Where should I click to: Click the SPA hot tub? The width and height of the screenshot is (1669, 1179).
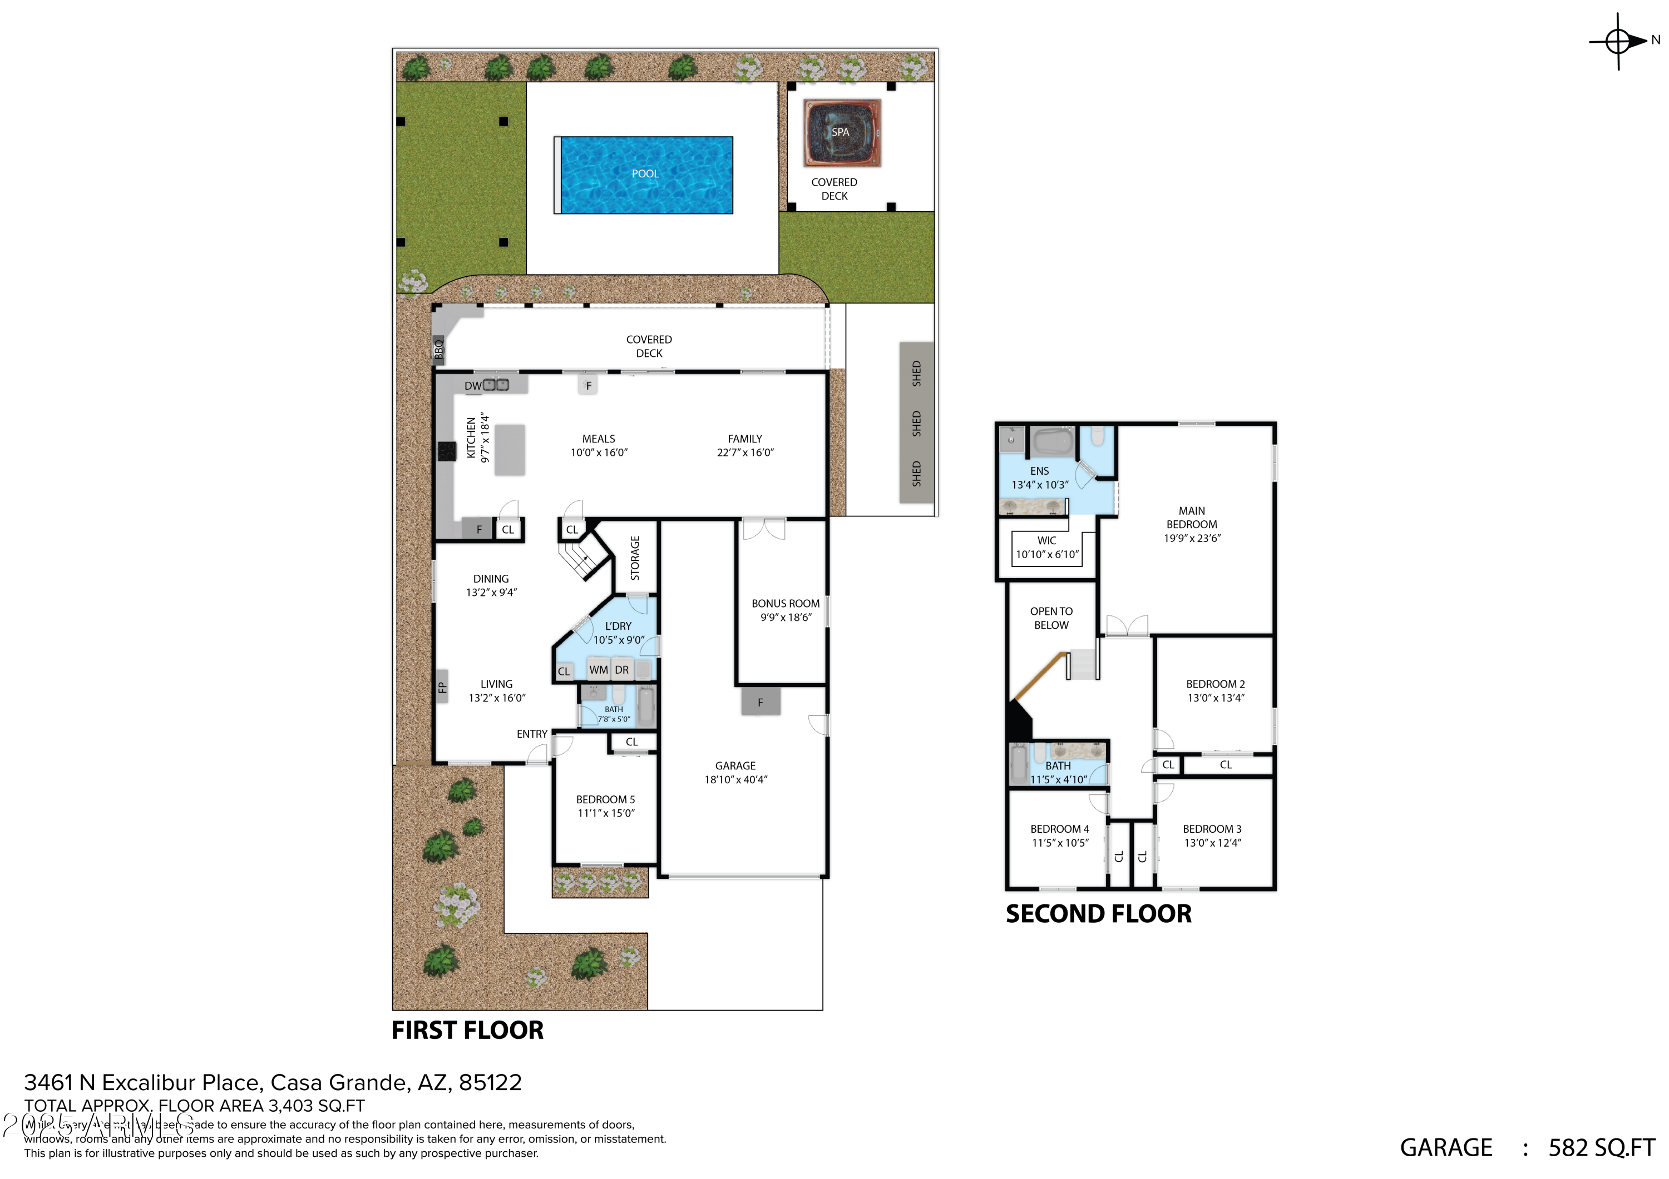(841, 133)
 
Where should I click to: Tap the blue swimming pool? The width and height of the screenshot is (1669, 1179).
(645, 175)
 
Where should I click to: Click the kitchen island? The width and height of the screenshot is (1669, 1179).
(510, 450)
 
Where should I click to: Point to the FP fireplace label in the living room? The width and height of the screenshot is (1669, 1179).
(442, 687)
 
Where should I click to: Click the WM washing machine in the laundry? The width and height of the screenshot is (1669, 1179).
(598, 670)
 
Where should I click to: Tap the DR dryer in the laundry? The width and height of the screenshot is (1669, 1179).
(621, 670)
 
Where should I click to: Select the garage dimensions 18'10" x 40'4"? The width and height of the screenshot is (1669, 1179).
(735, 779)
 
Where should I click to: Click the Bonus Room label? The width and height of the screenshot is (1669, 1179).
(785, 604)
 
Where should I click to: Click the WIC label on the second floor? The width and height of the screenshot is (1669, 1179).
(1047, 540)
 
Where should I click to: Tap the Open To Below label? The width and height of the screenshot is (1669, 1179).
(1051, 618)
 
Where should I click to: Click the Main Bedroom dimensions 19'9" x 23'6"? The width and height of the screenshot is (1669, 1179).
(1192, 538)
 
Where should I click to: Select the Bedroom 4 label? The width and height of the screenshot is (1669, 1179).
(1060, 829)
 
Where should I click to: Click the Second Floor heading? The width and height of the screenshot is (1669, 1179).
(1098, 914)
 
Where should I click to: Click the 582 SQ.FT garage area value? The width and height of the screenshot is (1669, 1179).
(1601, 1148)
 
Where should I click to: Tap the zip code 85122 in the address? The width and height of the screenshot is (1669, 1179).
(490, 1082)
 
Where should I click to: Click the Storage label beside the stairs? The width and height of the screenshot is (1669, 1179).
(635, 558)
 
